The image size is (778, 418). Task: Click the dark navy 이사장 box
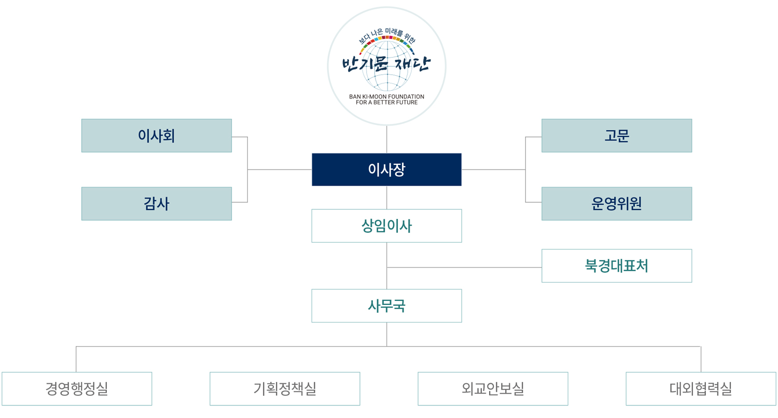[x=386, y=170]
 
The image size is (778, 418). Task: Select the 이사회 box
[x=157, y=135]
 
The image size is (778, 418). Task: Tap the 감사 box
[x=157, y=203]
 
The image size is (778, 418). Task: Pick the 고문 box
[x=617, y=135]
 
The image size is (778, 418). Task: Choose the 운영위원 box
[x=617, y=203]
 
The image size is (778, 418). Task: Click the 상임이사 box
[x=386, y=226]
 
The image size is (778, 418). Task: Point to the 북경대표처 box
[x=617, y=266]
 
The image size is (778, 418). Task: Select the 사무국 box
[x=386, y=305]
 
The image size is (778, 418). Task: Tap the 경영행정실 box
[x=77, y=388]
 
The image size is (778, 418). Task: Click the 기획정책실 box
[x=285, y=388]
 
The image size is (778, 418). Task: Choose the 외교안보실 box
[x=493, y=388]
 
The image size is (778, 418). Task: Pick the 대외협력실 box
[x=701, y=388]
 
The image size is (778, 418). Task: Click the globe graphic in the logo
[x=387, y=66]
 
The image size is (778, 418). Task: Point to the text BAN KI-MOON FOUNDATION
[x=386, y=96]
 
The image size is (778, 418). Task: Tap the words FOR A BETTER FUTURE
[x=386, y=102]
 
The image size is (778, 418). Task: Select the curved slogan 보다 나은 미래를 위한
[x=387, y=36]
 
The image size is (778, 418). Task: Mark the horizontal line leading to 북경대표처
[x=464, y=267]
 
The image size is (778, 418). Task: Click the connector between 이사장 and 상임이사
[x=386, y=198]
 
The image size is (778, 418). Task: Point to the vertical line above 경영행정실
[x=76, y=359]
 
